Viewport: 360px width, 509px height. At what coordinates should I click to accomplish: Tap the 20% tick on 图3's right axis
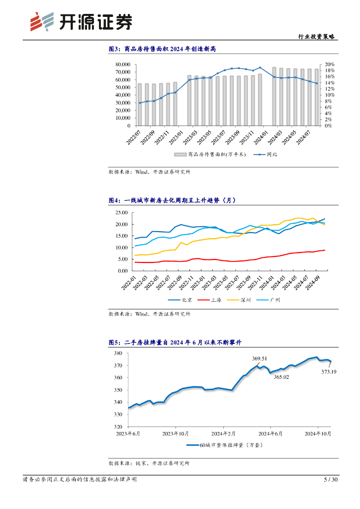[330, 65]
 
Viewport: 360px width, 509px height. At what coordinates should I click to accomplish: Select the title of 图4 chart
[172, 200]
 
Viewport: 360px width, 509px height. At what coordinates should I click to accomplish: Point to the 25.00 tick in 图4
[121, 212]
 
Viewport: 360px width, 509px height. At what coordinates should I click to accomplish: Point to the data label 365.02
[281, 377]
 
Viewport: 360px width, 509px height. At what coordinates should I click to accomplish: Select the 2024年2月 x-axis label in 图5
[223, 433]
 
